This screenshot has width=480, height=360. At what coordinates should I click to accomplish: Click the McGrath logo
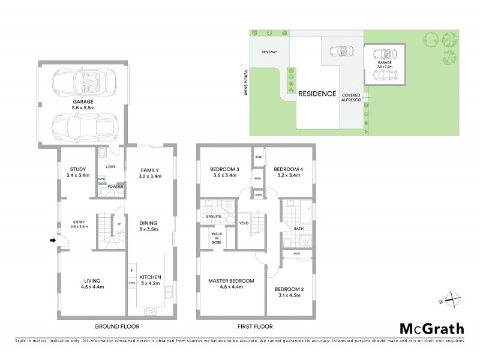(x=432, y=328)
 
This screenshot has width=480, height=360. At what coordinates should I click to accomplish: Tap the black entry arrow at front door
(x=52, y=241)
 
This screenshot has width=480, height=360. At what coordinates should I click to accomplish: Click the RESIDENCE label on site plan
(x=317, y=94)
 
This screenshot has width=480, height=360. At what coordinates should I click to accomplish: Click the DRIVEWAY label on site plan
(x=269, y=52)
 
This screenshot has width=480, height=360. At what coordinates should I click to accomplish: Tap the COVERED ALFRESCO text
(x=350, y=99)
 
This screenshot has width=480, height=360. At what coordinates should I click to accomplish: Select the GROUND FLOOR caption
(x=117, y=327)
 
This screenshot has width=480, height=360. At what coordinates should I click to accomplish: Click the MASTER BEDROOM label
(x=231, y=284)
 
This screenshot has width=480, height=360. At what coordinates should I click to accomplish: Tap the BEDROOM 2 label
(x=290, y=293)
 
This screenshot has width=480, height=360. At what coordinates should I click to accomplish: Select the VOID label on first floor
(x=244, y=223)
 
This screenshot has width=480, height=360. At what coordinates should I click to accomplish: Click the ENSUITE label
(x=214, y=216)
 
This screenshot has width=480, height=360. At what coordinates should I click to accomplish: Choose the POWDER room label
(x=115, y=187)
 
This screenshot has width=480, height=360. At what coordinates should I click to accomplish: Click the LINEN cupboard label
(x=257, y=194)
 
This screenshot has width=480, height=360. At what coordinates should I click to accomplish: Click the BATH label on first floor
(x=298, y=229)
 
